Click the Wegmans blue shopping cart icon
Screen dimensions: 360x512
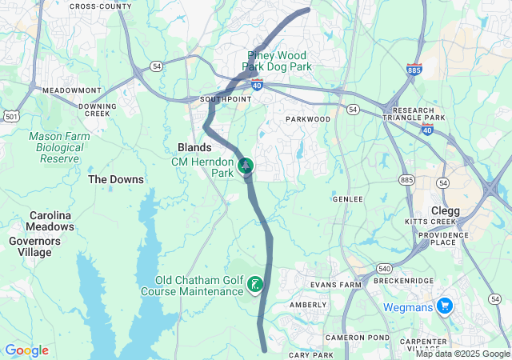click(445, 306)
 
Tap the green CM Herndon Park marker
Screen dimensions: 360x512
click(246, 166)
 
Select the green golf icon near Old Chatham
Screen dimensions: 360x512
click(254, 284)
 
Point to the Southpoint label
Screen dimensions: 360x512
click(226, 100)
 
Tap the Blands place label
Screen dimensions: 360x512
click(194, 147)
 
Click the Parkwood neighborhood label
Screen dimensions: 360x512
click(308, 119)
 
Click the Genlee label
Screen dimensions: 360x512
click(347, 198)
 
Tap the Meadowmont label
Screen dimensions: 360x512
click(72, 90)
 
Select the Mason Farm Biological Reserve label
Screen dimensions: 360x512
click(56, 147)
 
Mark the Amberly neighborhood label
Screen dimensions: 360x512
click(308, 305)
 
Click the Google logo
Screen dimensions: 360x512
click(26, 350)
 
